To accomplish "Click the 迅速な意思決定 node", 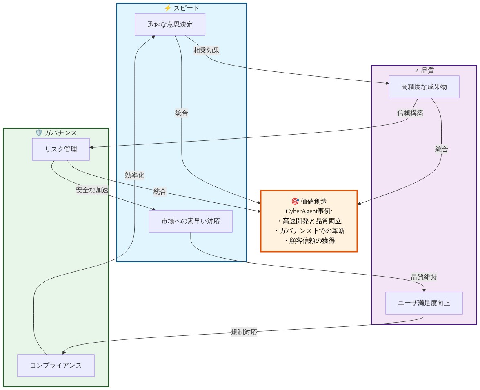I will point(170,24).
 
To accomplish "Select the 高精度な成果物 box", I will point(424,87).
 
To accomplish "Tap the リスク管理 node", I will point(61,149).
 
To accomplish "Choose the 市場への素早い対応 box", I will point(191,221).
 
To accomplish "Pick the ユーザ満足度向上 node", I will point(424,303).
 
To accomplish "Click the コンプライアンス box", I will point(56,366).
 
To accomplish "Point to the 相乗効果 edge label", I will point(206,51).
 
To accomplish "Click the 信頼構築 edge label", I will point(410,113).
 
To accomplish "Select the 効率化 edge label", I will point(135,175).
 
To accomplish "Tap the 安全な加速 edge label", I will point(92,190).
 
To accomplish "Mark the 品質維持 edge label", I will point(424,277).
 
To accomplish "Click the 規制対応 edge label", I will point(244,332).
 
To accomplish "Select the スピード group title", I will point(182,8).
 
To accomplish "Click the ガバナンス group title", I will point(56,133).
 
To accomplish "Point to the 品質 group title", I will point(424,71).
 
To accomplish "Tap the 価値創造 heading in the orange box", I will point(309,202).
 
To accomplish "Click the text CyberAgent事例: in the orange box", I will point(309,211).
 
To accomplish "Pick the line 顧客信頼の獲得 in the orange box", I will point(309,241).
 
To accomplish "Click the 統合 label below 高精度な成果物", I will point(441,149).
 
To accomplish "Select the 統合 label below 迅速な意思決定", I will point(182,113).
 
